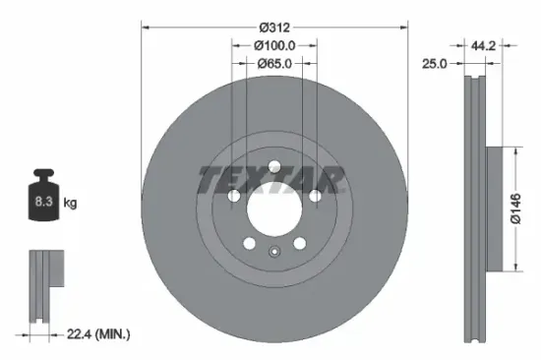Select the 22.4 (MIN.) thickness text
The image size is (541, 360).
(100, 335)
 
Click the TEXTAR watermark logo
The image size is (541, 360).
(272, 180)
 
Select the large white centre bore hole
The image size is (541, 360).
(273, 208)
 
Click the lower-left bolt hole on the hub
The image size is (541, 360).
(249, 243)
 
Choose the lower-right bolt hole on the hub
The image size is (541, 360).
(300, 243)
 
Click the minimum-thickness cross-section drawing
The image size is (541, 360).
(41, 284)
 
